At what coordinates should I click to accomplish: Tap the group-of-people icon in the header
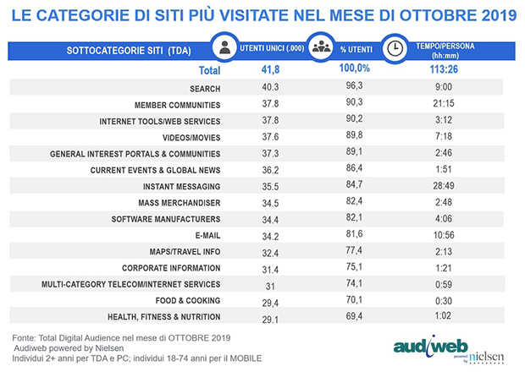click(321, 48)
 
